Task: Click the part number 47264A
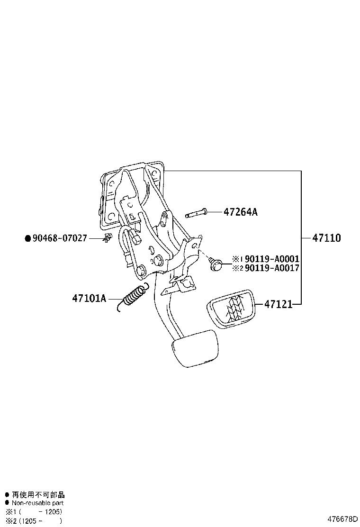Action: (240, 212)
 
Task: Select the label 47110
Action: (326, 238)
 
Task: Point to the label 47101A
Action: (89, 299)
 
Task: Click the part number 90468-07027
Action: (59, 238)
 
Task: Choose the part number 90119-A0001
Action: (272, 259)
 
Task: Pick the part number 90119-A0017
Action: (272, 268)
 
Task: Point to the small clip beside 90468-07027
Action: (107, 238)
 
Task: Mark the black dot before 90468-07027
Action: (27, 238)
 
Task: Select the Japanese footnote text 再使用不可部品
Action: (38, 495)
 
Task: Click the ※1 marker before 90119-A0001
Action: (237, 259)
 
